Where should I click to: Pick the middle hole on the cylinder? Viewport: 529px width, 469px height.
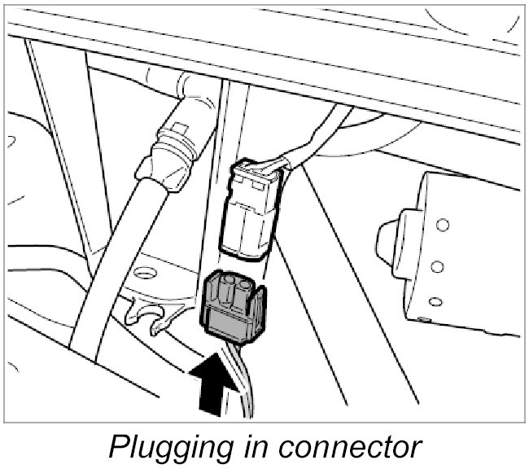tap(438, 265)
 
